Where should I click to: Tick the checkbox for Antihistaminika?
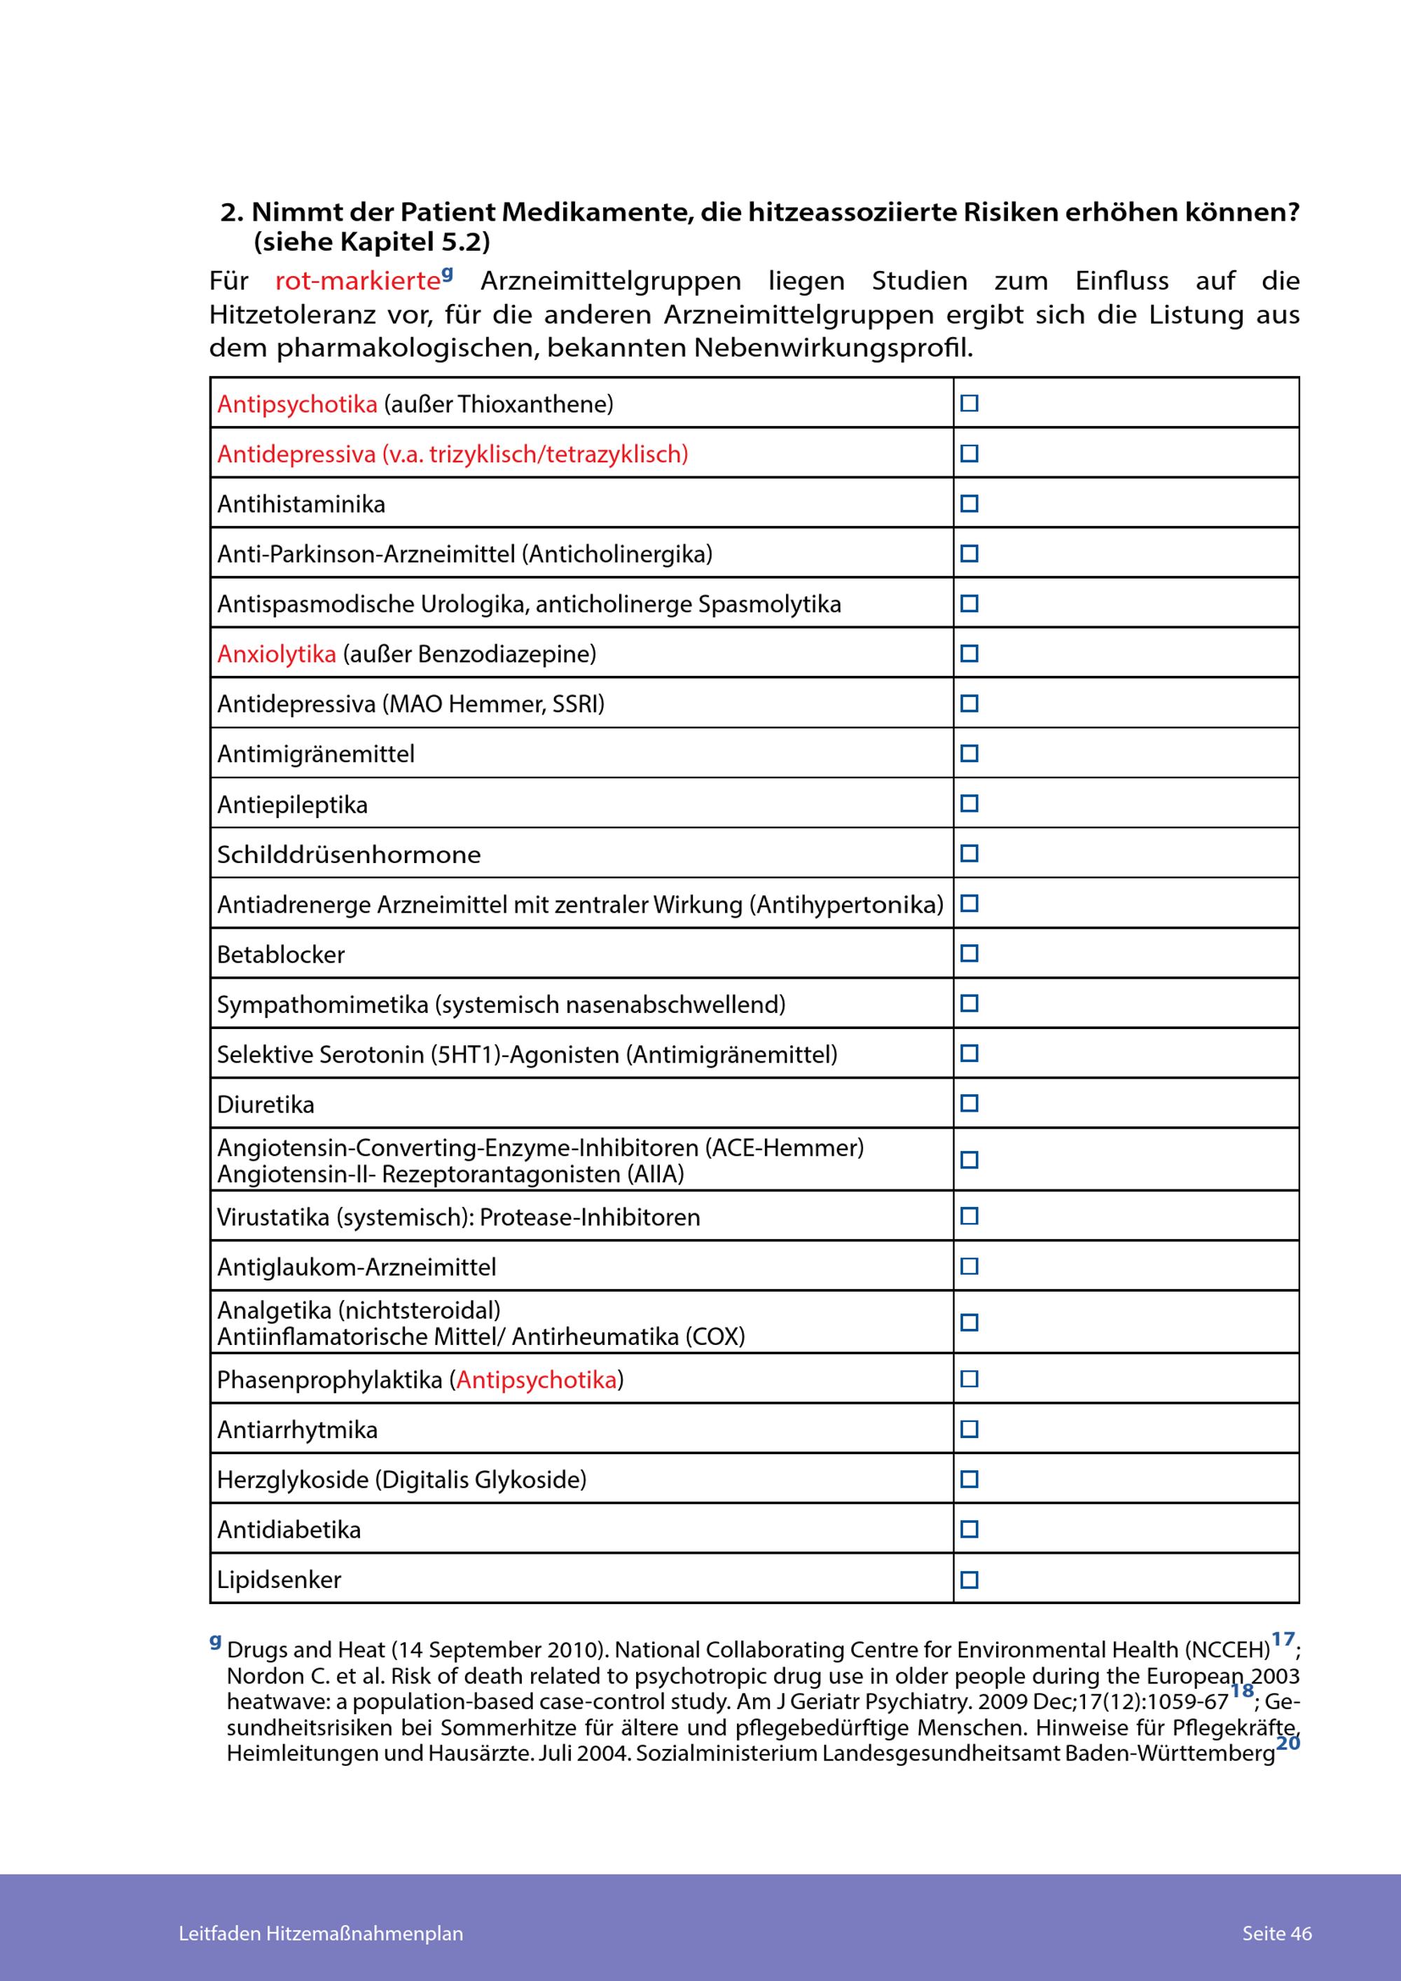(x=969, y=503)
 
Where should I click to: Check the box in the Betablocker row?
(x=969, y=953)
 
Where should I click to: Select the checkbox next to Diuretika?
(x=969, y=1103)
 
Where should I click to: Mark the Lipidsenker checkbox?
(x=969, y=1580)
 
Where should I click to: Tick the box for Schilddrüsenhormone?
(x=969, y=853)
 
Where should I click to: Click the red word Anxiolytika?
(x=277, y=654)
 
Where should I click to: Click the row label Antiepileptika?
(x=292, y=805)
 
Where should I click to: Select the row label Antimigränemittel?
(x=316, y=754)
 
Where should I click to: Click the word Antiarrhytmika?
(x=298, y=1430)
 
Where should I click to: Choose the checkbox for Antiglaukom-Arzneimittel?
(x=969, y=1266)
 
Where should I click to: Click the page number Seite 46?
(x=1277, y=1933)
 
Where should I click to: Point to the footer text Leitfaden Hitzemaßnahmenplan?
(x=321, y=1933)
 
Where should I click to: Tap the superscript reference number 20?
(x=1288, y=1743)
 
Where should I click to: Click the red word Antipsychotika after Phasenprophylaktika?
(x=537, y=1380)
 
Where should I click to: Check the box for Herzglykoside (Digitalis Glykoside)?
(x=969, y=1479)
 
